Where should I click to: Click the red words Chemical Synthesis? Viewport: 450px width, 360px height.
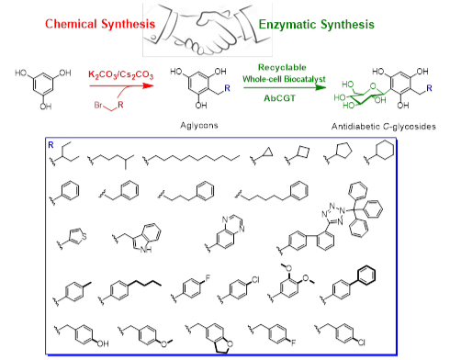[x=100, y=24]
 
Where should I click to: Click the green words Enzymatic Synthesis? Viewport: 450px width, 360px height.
[x=317, y=25]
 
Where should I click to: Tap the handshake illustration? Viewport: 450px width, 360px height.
[x=208, y=29]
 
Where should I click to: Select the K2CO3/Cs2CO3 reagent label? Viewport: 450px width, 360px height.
[x=120, y=74]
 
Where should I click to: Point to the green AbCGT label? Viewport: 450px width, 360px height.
[x=280, y=98]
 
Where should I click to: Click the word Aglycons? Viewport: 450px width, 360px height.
[x=199, y=126]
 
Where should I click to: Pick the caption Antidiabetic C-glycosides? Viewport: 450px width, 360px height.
[x=384, y=127]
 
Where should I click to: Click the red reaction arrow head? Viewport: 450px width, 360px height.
[x=149, y=85]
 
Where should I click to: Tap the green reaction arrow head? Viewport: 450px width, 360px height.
[x=321, y=87]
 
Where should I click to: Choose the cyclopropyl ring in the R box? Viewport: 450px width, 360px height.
[x=268, y=152]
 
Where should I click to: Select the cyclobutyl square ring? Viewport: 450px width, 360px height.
[x=303, y=152]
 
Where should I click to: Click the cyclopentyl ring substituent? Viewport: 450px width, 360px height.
[x=343, y=151]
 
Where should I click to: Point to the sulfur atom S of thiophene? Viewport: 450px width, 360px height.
[x=84, y=236]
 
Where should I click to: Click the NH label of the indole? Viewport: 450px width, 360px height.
[x=146, y=250]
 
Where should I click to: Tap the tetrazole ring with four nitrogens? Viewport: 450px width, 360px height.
[x=333, y=214]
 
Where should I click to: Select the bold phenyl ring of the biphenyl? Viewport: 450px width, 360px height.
[x=366, y=276]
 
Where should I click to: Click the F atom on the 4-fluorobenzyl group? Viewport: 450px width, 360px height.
[x=293, y=343]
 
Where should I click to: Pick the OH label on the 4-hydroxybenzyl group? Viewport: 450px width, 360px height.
[x=103, y=343]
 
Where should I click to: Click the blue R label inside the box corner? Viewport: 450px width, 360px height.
[x=51, y=145]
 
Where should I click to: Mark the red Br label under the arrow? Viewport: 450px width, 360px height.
[x=98, y=105]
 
